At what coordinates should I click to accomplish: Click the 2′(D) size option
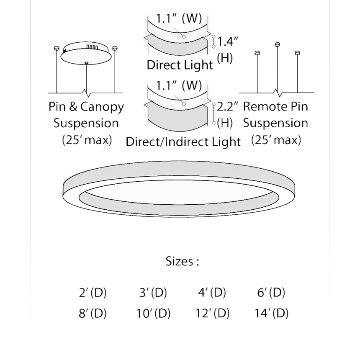pyautogui.click(x=93, y=293)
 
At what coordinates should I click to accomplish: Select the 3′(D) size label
pyautogui.click(x=153, y=293)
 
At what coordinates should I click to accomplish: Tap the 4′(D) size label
pyautogui.click(x=212, y=293)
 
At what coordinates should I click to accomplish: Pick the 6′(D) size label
pyautogui.click(x=271, y=293)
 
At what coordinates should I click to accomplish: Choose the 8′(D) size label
pyautogui.click(x=93, y=313)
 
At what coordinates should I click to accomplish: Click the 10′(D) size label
pyautogui.click(x=153, y=313)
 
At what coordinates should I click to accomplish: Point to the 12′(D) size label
pyautogui.click(x=212, y=313)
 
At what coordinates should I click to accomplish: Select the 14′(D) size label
pyautogui.click(x=271, y=313)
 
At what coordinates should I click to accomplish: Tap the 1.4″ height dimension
pyautogui.click(x=228, y=42)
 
